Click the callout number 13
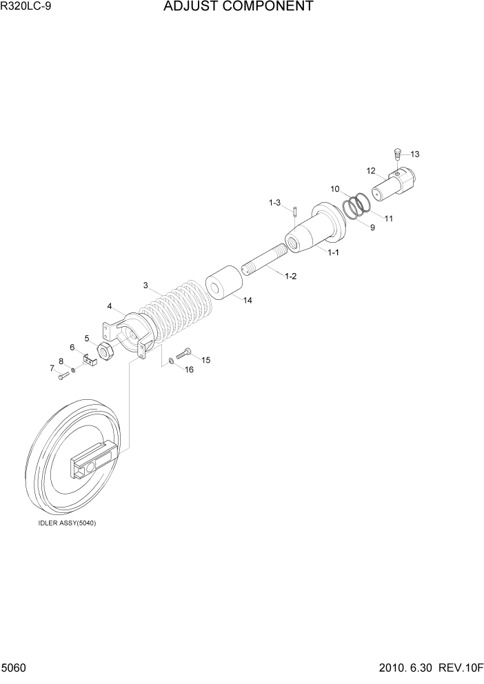point(415,154)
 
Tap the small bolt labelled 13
point(397,153)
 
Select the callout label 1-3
point(274,203)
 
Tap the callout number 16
point(188,370)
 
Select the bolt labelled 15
point(183,355)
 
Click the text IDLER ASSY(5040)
point(67,523)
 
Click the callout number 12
point(370,170)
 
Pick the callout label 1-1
point(333,253)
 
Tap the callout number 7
point(52,369)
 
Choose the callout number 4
point(110,306)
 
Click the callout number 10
point(334,188)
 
